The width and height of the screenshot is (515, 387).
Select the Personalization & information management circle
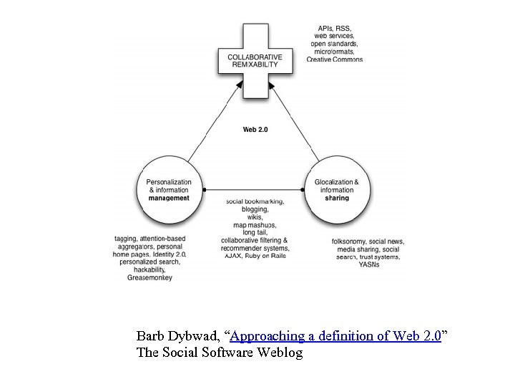[x=169, y=190]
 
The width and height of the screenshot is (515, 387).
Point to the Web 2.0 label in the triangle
[x=255, y=130]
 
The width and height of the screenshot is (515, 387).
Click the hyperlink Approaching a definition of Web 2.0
[x=336, y=336]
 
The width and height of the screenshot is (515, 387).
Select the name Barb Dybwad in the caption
[x=178, y=336]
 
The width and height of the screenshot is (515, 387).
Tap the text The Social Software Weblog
[x=219, y=353]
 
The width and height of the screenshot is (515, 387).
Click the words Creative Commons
[x=335, y=59]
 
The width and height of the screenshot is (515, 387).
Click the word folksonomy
[x=349, y=241]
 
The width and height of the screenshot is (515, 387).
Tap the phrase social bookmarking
[x=255, y=201]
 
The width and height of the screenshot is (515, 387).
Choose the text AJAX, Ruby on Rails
[x=255, y=256]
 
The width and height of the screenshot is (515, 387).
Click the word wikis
[x=255, y=217]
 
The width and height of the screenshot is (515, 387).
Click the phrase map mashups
[x=255, y=225]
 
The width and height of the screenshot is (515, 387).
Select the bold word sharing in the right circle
[x=337, y=198]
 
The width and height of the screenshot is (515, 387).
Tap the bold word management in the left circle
[x=169, y=198]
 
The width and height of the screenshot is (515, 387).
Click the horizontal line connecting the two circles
[x=255, y=190]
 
